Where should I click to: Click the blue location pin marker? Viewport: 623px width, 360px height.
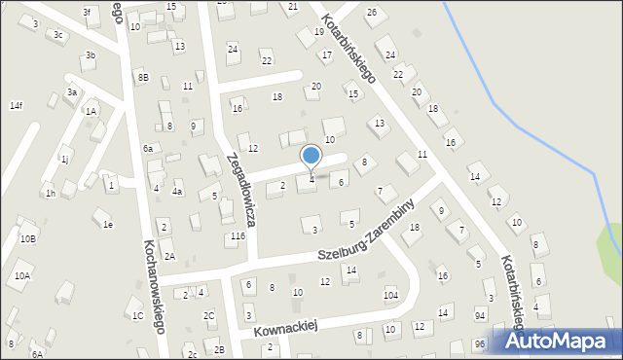[x=311, y=157]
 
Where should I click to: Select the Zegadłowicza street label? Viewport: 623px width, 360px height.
[x=241, y=189]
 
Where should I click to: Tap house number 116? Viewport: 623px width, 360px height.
[x=237, y=236]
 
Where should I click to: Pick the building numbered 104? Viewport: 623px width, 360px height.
[x=390, y=295]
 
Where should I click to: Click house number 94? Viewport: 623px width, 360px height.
[x=480, y=316]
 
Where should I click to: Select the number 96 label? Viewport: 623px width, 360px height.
[x=480, y=344]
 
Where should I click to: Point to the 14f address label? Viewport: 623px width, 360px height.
[x=16, y=105]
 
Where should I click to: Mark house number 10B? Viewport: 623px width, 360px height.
[x=28, y=238]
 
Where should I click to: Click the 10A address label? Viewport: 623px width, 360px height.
[x=22, y=276]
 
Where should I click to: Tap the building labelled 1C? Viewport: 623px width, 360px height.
[x=137, y=316]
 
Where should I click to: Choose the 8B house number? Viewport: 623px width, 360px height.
[x=143, y=77]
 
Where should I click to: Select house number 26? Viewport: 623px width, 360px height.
[x=371, y=12]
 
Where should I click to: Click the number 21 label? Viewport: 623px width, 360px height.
[x=293, y=7]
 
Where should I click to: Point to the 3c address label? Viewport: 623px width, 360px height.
[x=58, y=34]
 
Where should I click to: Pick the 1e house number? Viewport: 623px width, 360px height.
[x=108, y=225]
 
